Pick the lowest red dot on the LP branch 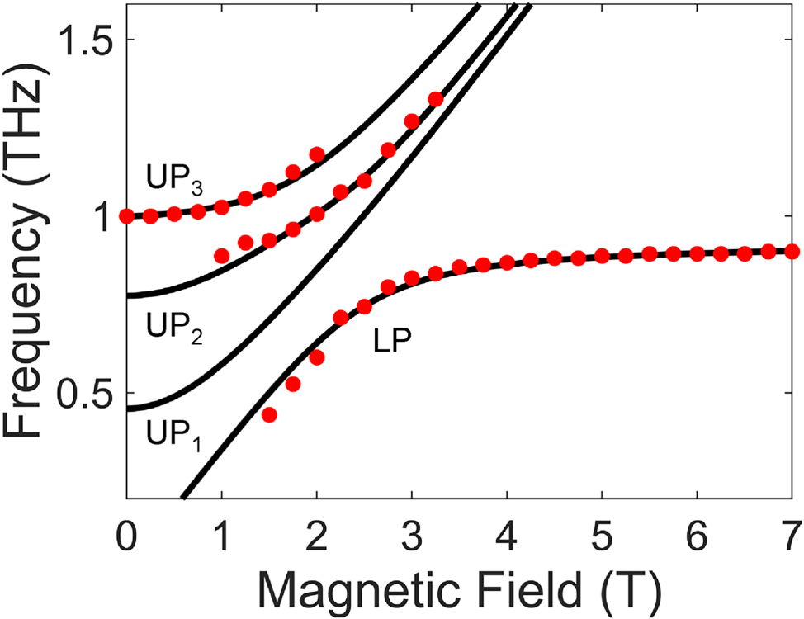pos(269,414)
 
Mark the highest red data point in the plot pos(436,100)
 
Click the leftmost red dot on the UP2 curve pos(221,256)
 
